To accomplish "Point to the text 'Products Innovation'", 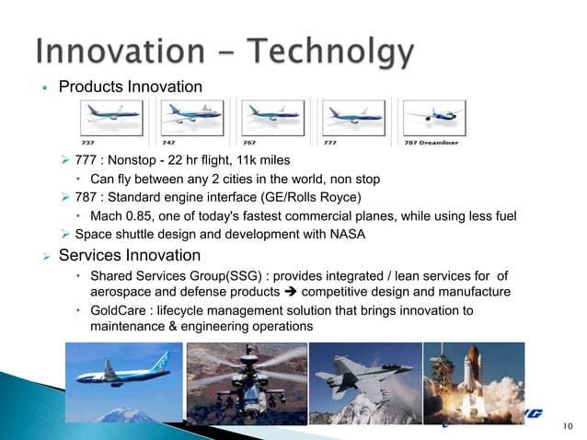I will pyautogui.click(x=131, y=87).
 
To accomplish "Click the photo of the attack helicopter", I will pyautogui.click(x=245, y=383).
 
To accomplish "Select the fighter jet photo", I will pyautogui.click(x=363, y=381).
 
